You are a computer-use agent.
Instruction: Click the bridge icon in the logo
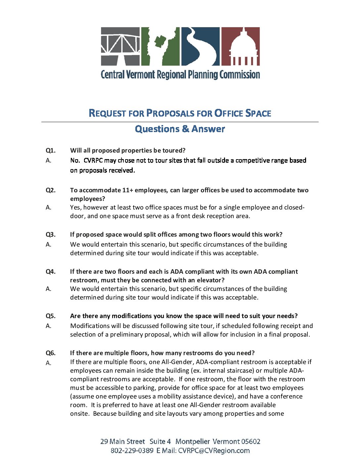pyautogui.click(x=120, y=46)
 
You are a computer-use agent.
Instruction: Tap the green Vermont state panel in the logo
pyautogui.click(x=160, y=46)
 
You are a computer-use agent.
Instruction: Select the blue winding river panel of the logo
pyautogui.click(x=200, y=46)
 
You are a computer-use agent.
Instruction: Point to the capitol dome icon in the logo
pyautogui.click(x=240, y=46)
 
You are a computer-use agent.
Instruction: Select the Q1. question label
pyautogui.click(x=51, y=151)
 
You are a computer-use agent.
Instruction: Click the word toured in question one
pyautogui.click(x=172, y=151)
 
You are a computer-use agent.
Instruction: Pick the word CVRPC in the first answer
pyautogui.click(x=93, y=161)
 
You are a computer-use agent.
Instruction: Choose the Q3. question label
pyautogui.click(x=51, y=235)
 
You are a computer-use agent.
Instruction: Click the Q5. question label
pyautogui.click(x=51, y=316)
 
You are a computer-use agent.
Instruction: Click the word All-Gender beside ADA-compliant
pyautogui.click(x=177, y=362)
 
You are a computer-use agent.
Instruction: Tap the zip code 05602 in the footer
pyautogui.click(x=250, y=442)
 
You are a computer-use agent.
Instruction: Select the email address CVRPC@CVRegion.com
pyautogui.click(x=214, y=451)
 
